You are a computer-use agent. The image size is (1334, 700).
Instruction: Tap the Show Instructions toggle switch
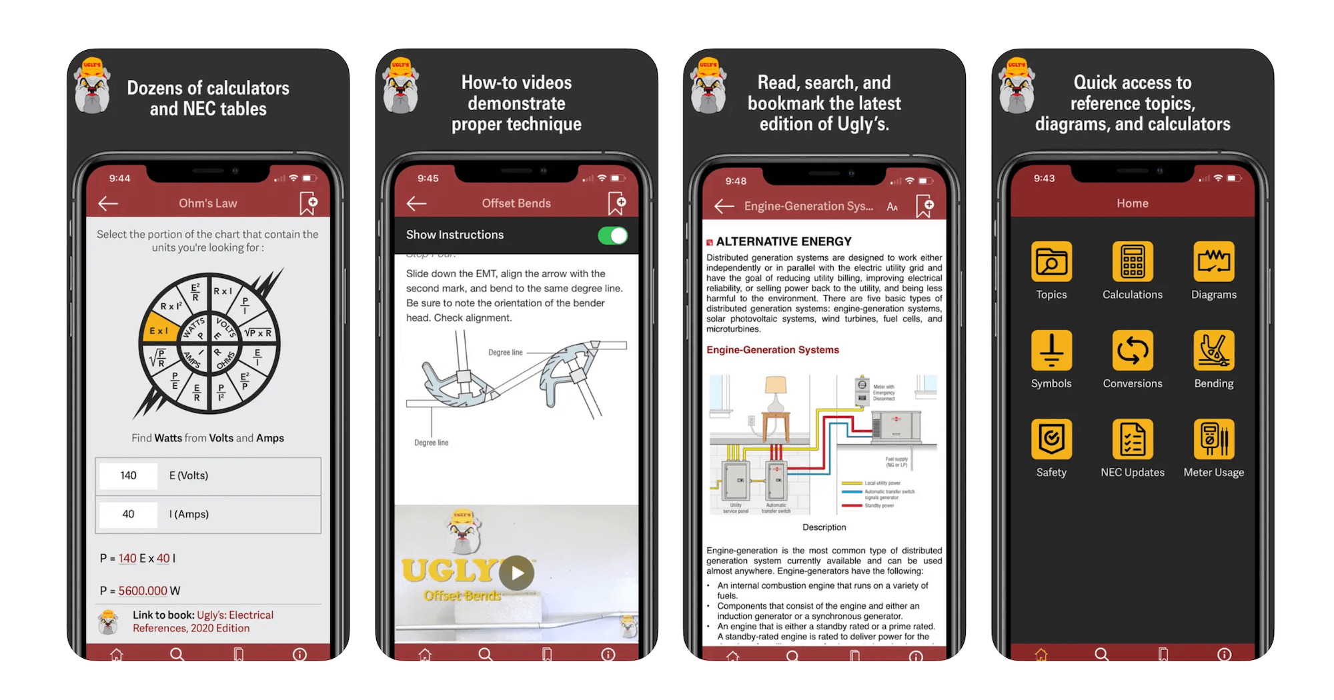point(612,236)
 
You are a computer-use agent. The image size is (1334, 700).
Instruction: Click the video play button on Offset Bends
point(517,573)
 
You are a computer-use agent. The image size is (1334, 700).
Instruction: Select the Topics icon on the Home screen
point(1051,261)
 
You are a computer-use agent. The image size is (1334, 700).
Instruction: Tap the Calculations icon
point(1132,261)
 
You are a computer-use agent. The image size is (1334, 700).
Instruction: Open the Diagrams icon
point(1213,261)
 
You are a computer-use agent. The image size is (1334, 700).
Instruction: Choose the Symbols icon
point(1051,350)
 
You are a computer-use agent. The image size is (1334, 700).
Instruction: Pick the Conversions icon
point(1132,350)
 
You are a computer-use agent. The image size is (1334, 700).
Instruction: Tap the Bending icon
point(1213,350)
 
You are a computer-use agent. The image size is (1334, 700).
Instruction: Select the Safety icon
point(1051,439)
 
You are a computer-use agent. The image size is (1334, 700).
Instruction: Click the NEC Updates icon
point(1132,439)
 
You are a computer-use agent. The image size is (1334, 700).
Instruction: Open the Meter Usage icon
point(1213,439)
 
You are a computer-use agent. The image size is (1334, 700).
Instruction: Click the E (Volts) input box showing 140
point(129,476)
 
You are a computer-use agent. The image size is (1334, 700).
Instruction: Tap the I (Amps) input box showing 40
point(129,515)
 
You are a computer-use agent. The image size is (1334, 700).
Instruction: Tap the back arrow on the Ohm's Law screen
point(108,204)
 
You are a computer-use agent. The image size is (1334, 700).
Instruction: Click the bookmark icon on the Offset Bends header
point(616,204)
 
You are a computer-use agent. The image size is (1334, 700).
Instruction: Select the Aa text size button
point(892,207)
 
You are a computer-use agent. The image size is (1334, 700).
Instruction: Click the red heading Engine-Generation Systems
point(772,350)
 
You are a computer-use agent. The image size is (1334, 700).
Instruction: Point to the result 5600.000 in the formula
point(143,591)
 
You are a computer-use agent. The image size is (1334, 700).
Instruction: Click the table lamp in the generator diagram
point(775,393)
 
